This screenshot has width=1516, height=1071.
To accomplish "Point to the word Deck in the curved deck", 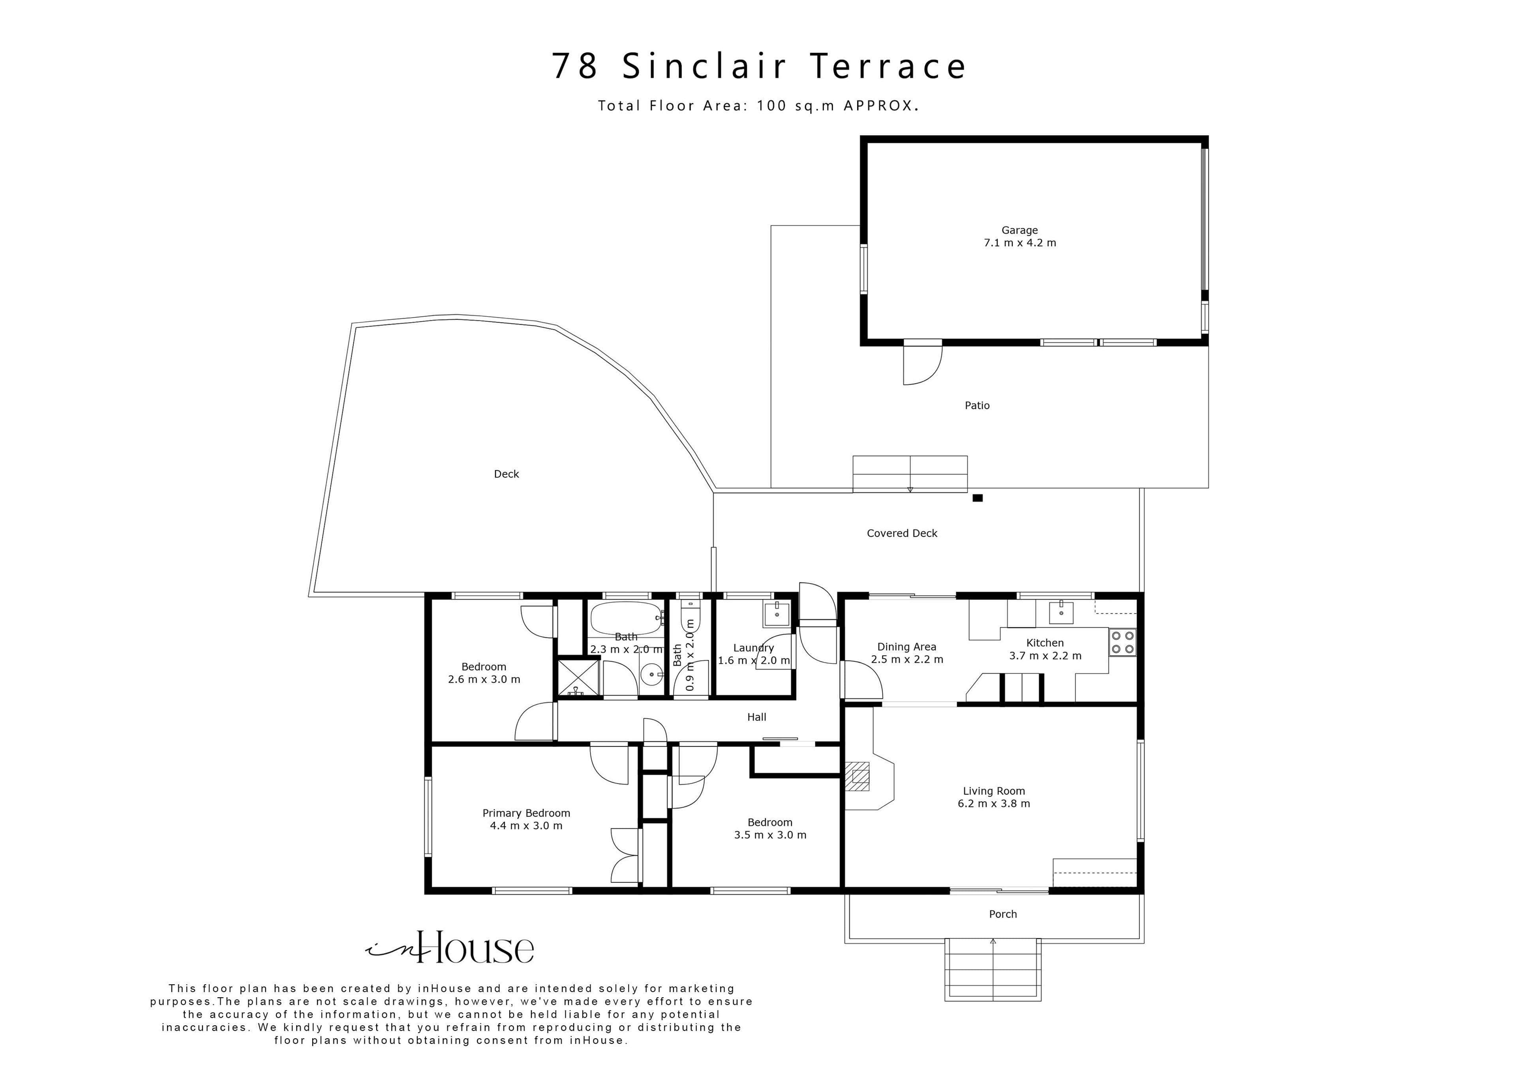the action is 507,474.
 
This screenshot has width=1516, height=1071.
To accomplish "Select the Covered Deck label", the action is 902,533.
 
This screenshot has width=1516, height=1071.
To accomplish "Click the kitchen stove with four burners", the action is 1122,643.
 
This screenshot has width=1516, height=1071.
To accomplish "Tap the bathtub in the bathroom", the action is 626,618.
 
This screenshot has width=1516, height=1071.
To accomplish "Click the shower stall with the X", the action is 578,678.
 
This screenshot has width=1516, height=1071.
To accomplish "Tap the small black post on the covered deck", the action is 978,498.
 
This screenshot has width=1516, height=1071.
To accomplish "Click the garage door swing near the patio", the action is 922,365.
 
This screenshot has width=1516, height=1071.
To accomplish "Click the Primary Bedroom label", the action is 526,814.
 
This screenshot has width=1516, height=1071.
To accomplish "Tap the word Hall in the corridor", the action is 757,717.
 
